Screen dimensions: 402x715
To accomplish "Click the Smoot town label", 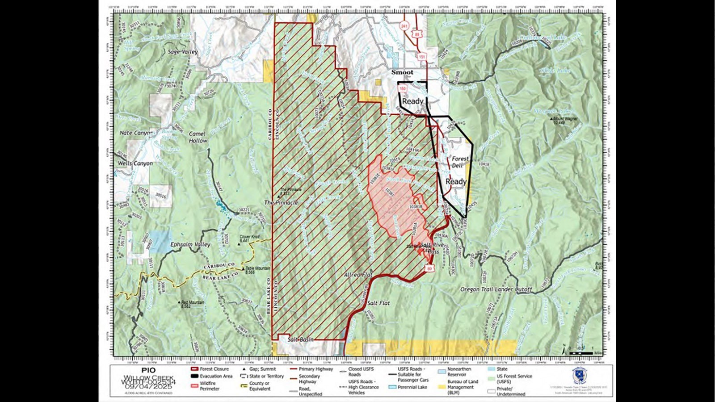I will click(402, 72).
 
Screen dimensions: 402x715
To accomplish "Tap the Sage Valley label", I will click(183, 52).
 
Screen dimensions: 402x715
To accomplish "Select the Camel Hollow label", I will click(198, 137).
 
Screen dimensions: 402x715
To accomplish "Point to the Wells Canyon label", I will click(135, 163).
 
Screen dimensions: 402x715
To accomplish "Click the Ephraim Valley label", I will click(190, 245).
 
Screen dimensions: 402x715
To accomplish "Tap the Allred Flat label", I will click(358, 275).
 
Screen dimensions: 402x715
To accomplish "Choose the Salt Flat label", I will click(378, 303).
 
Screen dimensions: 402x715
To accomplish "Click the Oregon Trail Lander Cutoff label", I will click(496, 289).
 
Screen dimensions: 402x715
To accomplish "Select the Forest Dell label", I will click(459, 162).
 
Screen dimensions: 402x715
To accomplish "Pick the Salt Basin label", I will click(300, 339).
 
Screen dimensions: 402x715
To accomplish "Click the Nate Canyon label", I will click(136, 133).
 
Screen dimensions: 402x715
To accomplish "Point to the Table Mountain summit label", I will click(257, 270).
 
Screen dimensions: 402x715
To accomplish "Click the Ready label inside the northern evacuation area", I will click(412, 101).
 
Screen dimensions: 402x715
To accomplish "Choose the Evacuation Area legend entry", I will click(215, 376).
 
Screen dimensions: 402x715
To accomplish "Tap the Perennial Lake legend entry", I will click(411, 387).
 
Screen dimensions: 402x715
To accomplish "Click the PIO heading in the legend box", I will click(148, 370).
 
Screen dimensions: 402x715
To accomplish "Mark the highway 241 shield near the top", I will click(404, 26).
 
